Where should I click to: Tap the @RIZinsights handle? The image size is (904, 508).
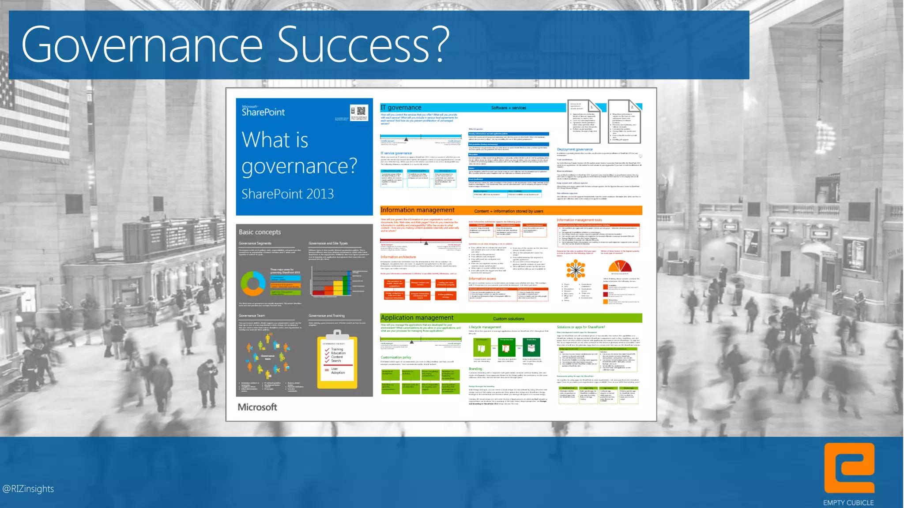(x=28, y=489)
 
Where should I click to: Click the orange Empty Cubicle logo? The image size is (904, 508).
(x=849, y=468)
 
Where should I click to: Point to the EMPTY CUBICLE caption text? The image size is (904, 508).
(x=848, y=503)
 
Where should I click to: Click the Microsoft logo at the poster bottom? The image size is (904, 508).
(x=257, y=407)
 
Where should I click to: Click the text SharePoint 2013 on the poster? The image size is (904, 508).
(x=287, y=194)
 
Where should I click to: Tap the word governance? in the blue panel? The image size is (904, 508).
(x=299, y=167)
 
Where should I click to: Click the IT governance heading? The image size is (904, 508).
(x=401, y=108)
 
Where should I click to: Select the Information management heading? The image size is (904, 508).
(x=417, y=210)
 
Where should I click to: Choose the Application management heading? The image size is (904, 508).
(x=417, y=317)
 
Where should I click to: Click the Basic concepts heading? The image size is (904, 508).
(x=260, y=232)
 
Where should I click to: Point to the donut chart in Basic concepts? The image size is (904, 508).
(x=253, y=283)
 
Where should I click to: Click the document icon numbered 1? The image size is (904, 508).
(x=584, y=121)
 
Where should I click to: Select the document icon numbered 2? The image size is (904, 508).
(x=624, y=121)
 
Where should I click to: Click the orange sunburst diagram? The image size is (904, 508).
(x=576, y=269)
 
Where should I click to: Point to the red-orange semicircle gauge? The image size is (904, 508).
(x=620, y=266)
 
